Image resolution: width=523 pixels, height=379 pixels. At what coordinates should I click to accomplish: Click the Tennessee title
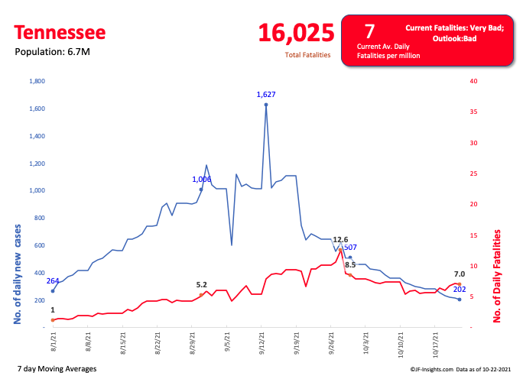[60, 33]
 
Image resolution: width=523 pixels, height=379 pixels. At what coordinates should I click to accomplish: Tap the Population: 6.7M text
[50, 52]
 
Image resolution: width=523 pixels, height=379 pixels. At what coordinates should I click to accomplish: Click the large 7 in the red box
[369, 31]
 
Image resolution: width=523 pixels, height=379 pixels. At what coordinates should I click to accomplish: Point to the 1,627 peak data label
[266, 94]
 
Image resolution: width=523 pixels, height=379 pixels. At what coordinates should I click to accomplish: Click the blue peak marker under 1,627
[266, 105]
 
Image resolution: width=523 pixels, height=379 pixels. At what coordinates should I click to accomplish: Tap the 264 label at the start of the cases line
[53, 280]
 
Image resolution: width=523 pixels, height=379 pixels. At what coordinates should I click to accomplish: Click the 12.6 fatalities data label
[340, 239]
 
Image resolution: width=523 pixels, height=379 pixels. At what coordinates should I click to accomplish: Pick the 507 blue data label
[351, 247]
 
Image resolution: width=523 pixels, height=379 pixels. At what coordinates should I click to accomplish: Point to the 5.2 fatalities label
[202, 284]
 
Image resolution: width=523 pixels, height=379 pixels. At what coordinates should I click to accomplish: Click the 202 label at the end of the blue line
[460, 289]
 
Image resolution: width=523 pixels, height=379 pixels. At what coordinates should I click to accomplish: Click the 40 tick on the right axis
[474, 81]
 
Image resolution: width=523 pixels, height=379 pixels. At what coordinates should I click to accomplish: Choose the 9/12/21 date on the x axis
[262, 342]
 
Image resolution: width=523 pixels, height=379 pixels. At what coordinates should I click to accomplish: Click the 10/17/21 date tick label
[434, 343]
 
